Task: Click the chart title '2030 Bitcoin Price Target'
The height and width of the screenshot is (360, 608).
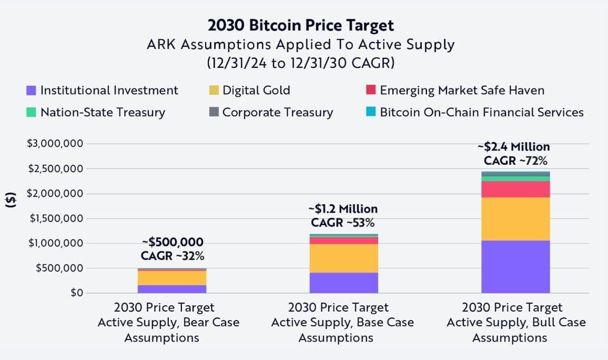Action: point(300,25)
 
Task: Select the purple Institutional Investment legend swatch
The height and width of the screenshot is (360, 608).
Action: point(31,91)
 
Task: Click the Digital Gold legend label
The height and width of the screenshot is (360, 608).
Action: point(256,90)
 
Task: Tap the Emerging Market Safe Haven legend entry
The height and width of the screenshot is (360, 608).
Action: point(462,90)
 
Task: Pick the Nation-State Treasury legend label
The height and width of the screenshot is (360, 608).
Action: point(103,112)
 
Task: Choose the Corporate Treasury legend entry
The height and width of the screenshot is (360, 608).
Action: point(277,112)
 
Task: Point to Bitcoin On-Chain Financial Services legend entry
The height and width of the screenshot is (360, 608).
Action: point(481,112)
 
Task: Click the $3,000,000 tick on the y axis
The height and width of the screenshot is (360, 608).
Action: point(55,144)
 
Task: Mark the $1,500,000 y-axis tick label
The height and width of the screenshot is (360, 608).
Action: point(55,218)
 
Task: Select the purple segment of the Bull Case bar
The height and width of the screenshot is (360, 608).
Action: point(515,266)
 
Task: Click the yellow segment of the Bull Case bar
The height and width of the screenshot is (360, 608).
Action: point(515,219)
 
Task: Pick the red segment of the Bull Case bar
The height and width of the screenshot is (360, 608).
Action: point(515,189)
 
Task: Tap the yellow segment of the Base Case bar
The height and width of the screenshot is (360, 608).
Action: point(343,258)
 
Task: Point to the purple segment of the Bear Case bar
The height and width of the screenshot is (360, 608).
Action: point(172,289)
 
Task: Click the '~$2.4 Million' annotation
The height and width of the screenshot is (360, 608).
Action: point(513,147)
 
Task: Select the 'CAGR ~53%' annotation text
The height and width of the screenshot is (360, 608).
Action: point(343,223)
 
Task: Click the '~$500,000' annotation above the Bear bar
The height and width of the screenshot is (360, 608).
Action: point(173,242)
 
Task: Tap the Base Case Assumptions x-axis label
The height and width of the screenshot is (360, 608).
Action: point(342,322)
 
